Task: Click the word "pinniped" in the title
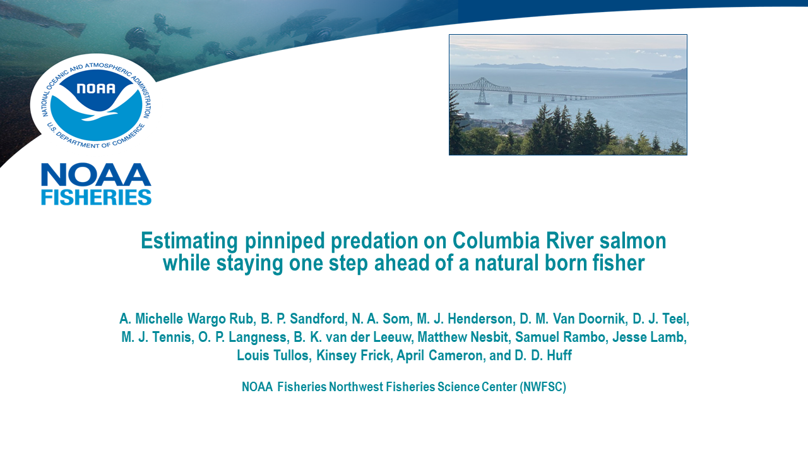coord(285,241)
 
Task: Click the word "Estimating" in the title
coord(189,241)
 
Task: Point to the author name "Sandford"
coord(318,319)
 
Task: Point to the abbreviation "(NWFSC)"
coord(543,387)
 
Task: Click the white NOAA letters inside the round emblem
coord(96,88)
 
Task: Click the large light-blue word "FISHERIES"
coord(97,197)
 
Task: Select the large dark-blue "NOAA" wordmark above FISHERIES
coord(97,175)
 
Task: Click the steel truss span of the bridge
coord(481,89)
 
